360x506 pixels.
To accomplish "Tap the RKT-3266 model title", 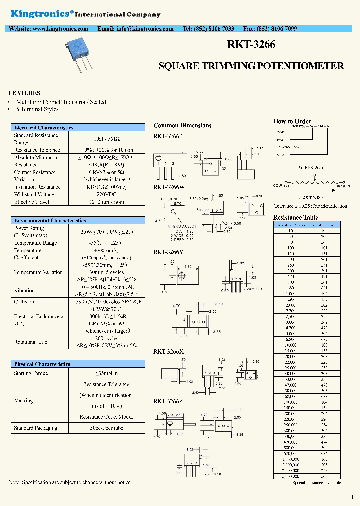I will tap(251, 44).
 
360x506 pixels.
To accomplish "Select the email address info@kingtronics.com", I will tap(135, 29).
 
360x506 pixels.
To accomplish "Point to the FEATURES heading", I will tap(24, 93).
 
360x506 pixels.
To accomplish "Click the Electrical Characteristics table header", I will tap(44, 128).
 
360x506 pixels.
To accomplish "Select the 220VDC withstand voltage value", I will tap(106, 194).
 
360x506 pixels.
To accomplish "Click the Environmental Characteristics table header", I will tap(50, 220).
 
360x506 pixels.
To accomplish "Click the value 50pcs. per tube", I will tap(106, 428).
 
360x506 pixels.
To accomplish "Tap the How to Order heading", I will tap(292, 121).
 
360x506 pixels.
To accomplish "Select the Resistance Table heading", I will tap(295, 218).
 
